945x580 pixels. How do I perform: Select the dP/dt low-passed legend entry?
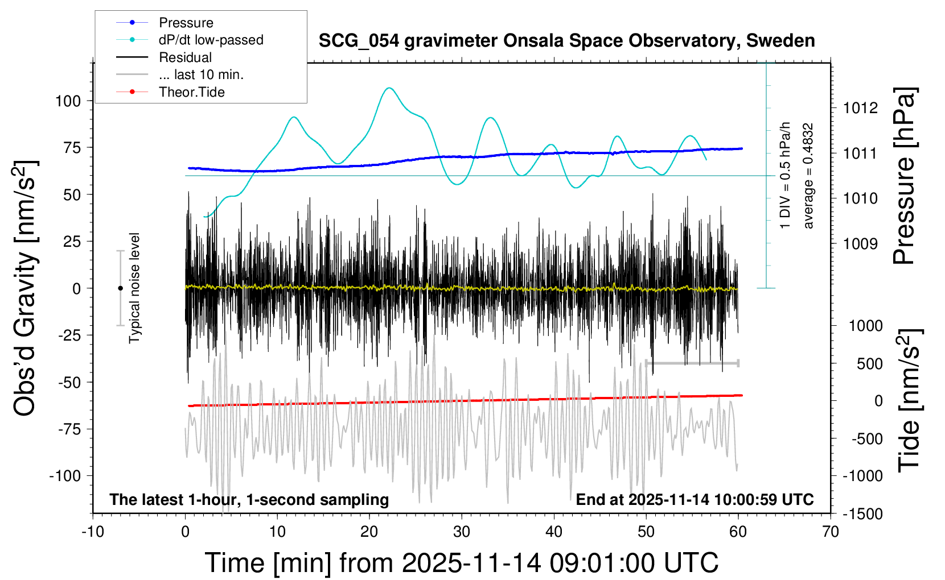(x=211, y=40)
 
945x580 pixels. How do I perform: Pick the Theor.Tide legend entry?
(x=191, y=92)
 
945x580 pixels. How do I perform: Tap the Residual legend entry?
(x=185, y=57)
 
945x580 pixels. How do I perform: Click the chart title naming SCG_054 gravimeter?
(x=566, y=41)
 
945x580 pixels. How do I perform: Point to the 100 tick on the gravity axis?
(x=68, y=101)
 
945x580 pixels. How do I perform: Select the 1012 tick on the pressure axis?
(x=860, y=108)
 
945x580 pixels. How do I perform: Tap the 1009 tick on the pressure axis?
(x=860, y=244)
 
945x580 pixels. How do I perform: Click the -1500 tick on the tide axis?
(x=862, y=514)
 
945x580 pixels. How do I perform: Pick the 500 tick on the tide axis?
(x=869, y=364)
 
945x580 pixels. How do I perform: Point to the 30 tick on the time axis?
(x=462, y=532)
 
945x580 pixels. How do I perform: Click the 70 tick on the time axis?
(x=831, y=532)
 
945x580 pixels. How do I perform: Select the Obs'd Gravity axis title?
(x=26, y=288)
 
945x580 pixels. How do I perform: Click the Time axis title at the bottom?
(x=461, y=563)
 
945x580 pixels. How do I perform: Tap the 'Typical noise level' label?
(x=134, y=288)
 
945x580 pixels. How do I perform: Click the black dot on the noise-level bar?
(x=120, y=288)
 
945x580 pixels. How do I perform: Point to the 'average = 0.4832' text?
(x=808, y=176)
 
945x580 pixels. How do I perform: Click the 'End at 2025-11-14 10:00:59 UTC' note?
(x=695, y=500)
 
